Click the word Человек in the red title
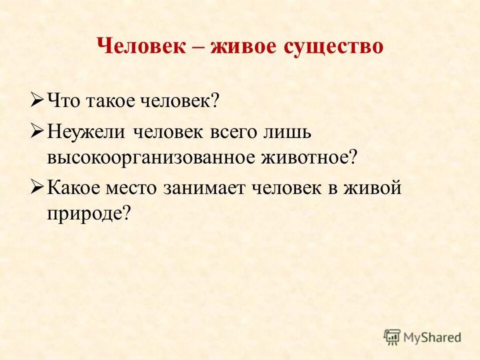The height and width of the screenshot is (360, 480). [x=141, y=47]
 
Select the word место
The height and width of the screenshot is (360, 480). [x=131, y=188]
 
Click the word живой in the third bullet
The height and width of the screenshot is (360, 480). [x=373, y=188]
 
